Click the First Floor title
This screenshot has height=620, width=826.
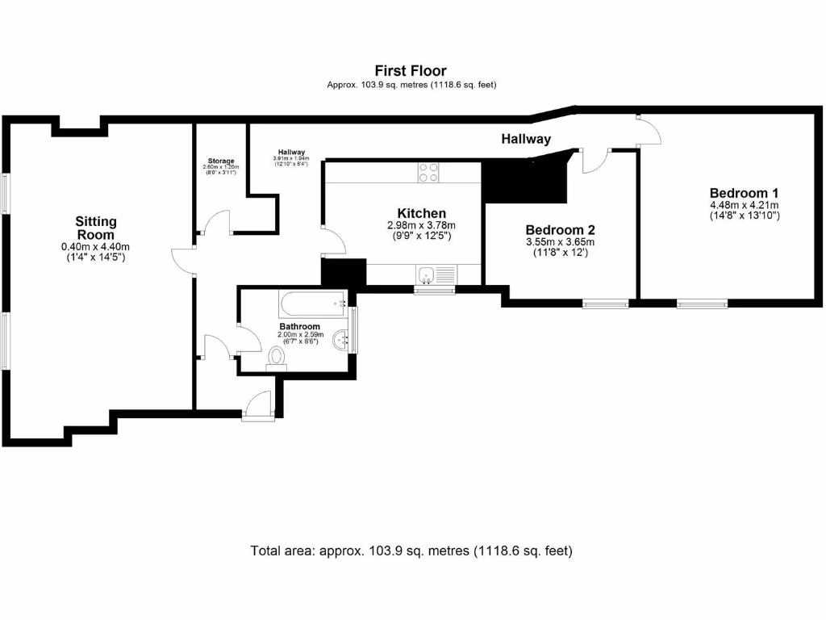[411, 71]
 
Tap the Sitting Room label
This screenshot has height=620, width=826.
[96, 227]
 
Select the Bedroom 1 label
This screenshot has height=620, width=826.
[744, 193]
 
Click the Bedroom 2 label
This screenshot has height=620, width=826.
[560, 229]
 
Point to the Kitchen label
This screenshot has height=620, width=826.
[421, 213]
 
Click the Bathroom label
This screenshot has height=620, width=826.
[300, 326]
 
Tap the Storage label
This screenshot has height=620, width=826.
[220, 161]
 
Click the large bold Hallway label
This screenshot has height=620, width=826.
[526, 139]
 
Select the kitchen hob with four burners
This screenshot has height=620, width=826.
[428, 173]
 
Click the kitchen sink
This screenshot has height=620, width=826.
[428, 277]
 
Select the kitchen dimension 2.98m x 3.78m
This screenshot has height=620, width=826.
[421, 225]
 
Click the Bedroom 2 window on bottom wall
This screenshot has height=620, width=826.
[606, 304]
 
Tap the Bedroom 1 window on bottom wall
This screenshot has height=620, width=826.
[702, 304]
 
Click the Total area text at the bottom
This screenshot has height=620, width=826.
[411, 551]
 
